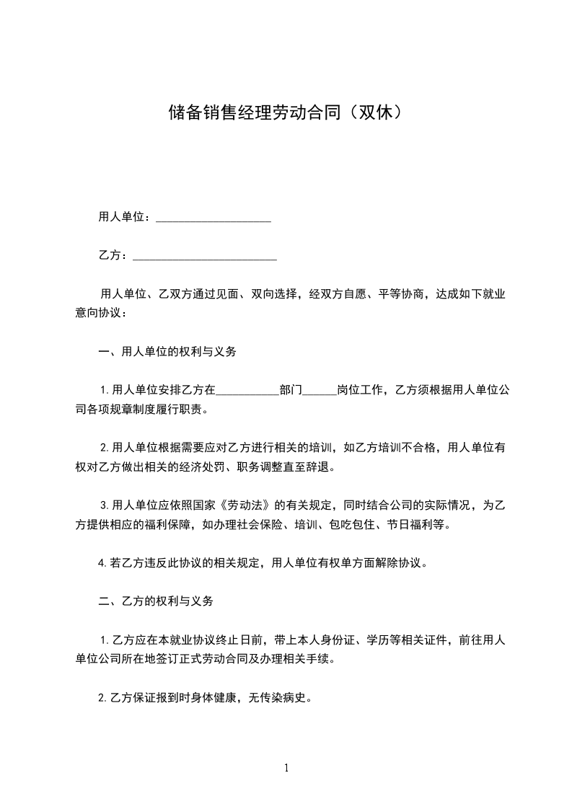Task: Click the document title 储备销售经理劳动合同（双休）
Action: (x=285, y=112)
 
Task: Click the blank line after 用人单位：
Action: (x=214, y=217)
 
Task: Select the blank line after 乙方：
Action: (x=206, y=255)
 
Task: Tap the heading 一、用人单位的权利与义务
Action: (x=167, y=352)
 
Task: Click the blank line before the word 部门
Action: (x=247, y=392)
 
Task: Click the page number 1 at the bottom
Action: (x=286, y=768)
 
